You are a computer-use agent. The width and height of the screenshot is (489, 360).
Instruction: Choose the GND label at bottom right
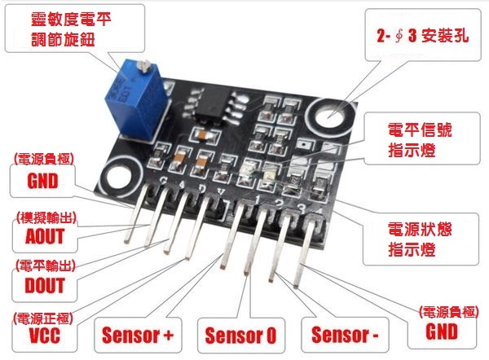click(x=441, y=331)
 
